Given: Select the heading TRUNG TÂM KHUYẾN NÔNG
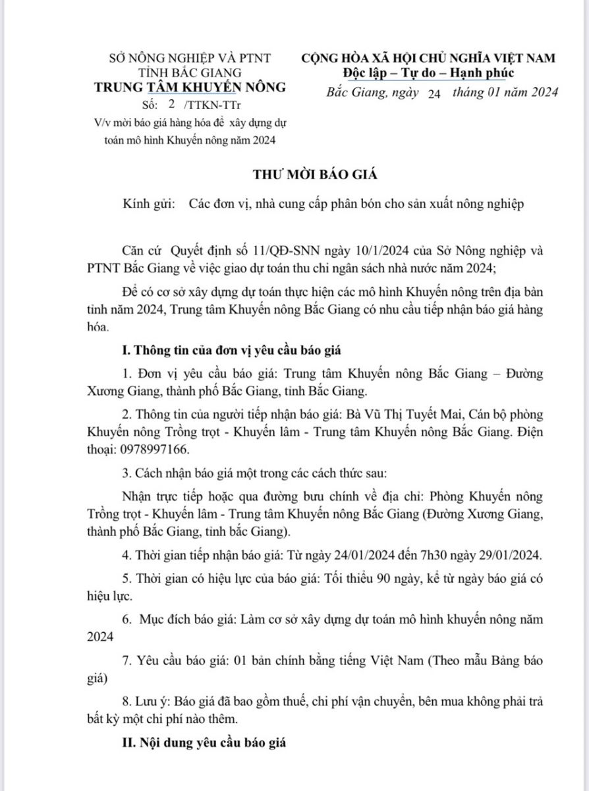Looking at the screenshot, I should (x=191, y=88).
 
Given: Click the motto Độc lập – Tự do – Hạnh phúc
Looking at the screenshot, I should (x=428, y=73).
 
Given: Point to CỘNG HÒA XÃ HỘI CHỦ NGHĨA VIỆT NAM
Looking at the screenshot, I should (x=428, y=58).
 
